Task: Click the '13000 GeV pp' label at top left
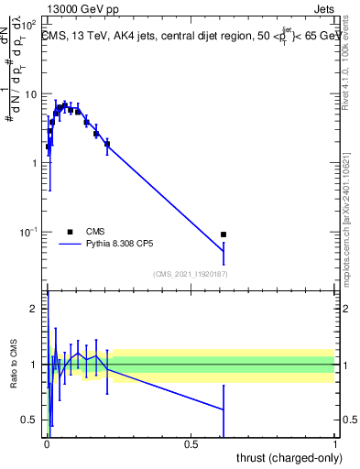(81, 8)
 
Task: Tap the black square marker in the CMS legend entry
(69, 233)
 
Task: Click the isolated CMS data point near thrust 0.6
(223, 234)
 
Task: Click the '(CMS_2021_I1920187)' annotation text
(190, 274)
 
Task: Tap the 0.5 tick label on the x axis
(191, 443)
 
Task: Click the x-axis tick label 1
(335, 443)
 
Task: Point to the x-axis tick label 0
(47, 443)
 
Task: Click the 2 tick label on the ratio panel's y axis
(33, 309)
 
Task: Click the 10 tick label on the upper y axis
(31, 94)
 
